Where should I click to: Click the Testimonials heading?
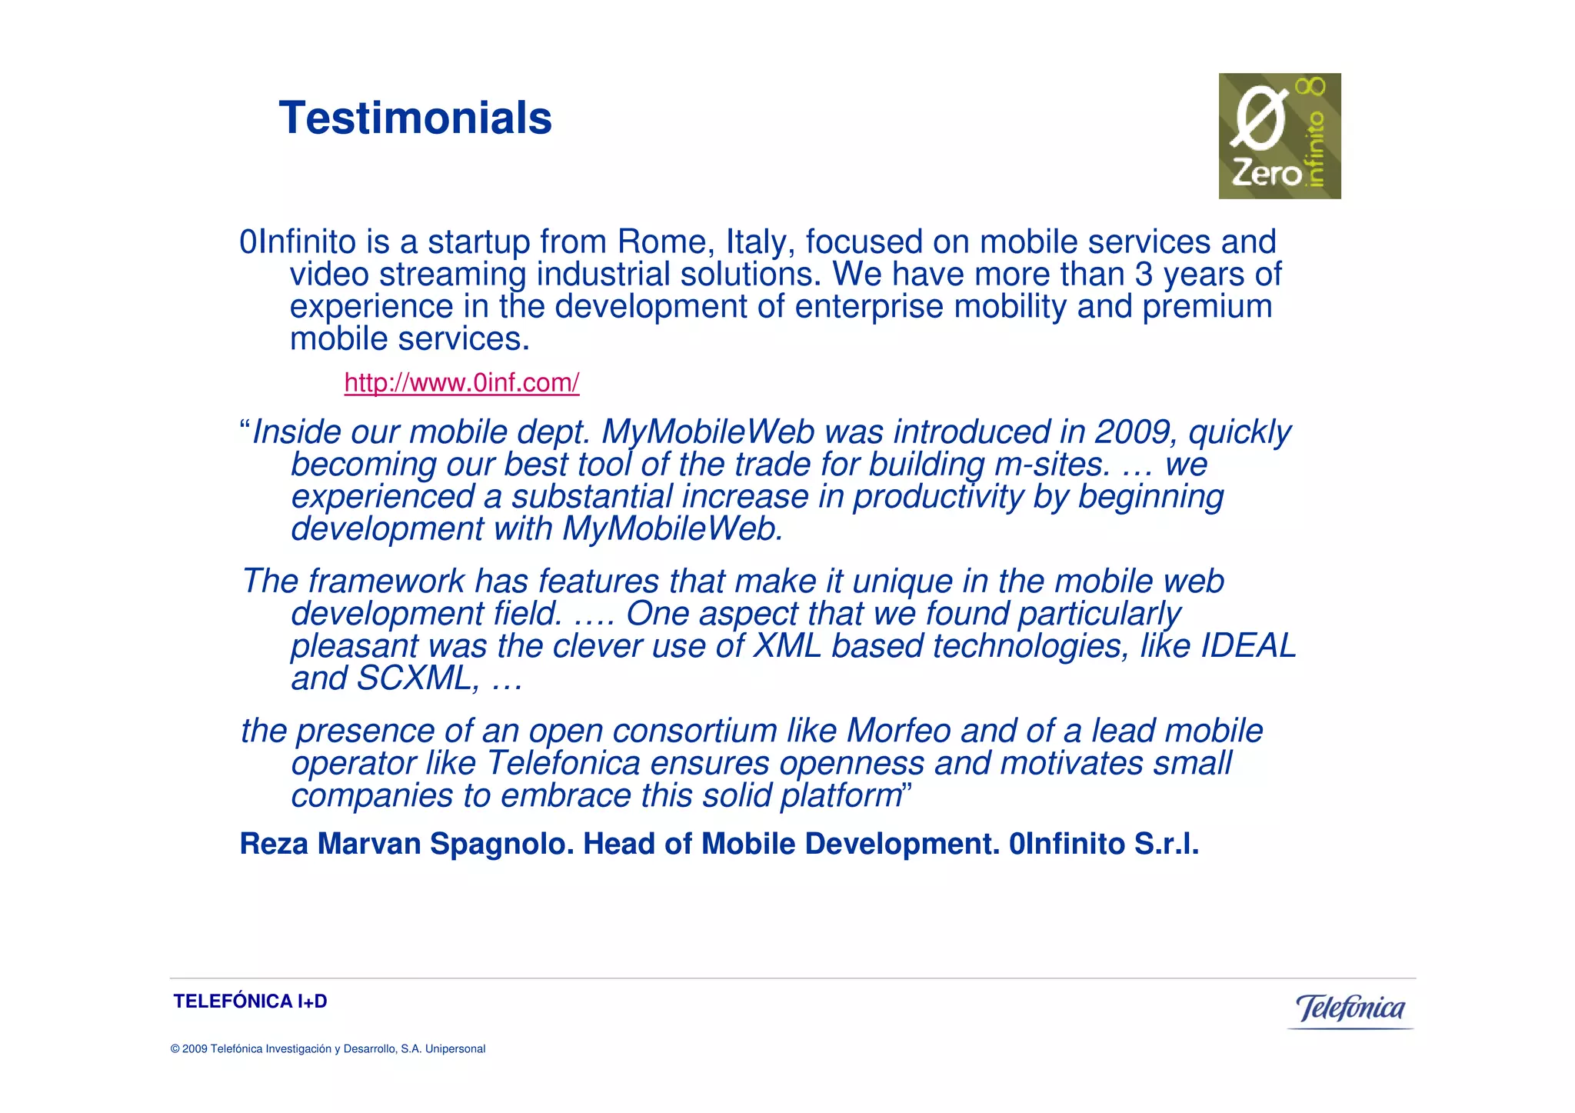[415, 118]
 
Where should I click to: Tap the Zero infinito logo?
[1279, 136]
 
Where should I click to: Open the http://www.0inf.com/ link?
[461, 382]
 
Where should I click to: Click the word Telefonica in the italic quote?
[564, 763]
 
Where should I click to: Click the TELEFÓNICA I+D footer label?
[250, 1001]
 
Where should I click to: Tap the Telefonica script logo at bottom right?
[1350, 1008]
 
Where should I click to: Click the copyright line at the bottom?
[328, 1049]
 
